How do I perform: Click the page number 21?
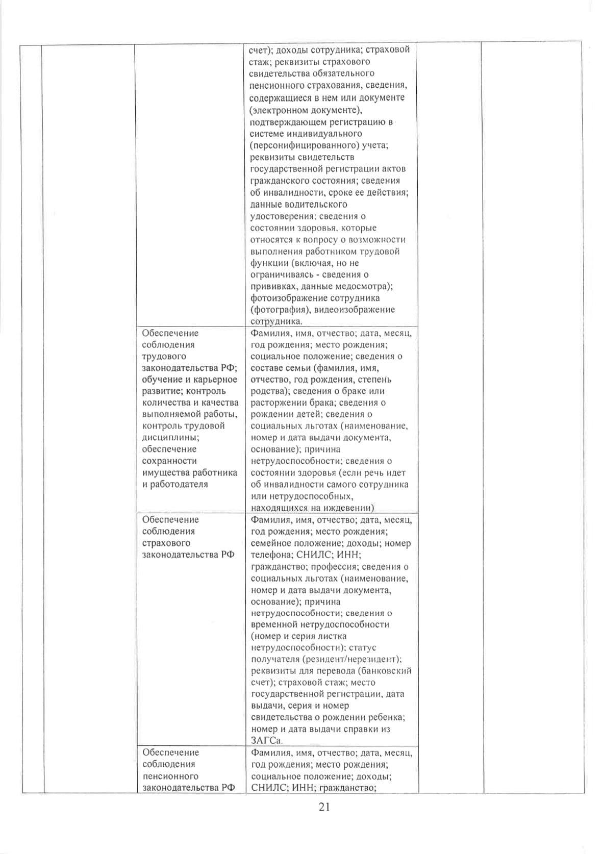click(324, 807)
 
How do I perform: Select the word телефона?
click(271, 555)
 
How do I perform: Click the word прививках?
click(272, 286)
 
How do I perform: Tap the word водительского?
click(316, 204)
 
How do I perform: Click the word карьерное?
click(216, 380)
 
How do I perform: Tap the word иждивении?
click(347, 508)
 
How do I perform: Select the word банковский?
click(387, 671)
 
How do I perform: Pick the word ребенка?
click(387, 717)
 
